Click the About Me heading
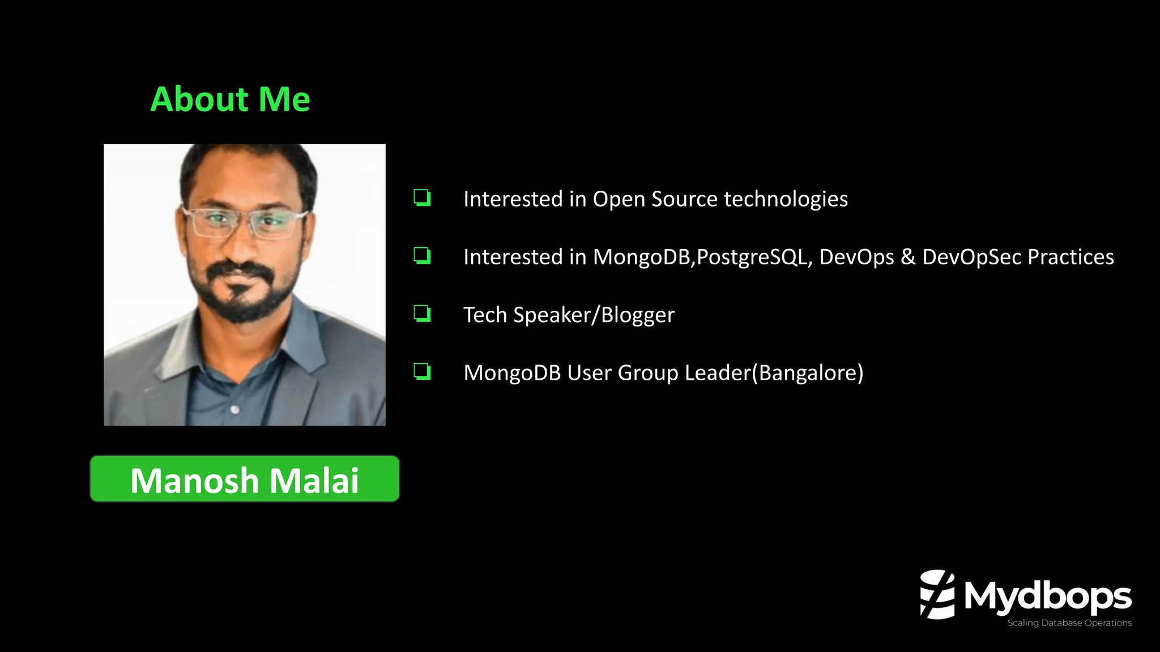click(x=230, y=100)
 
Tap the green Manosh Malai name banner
click(x=245, y=479)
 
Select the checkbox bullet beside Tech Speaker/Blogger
click(x=422, y=313)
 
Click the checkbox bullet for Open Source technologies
click(x=422, y=198)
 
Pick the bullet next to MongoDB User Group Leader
click(x=422, y=371)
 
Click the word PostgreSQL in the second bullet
click(x=754, y=258)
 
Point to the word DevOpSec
click(x=971, y=257)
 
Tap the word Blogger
click(x=638, y=315)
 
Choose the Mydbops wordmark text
click(x=1048, y=596)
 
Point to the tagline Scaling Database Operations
click(x=1069, y=623)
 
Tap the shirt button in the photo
click(x=235, y=409)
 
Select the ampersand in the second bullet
click(x=908, y=257)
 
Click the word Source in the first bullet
click(x=684, y=199)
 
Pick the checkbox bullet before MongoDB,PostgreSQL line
click(x=422, y=255)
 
